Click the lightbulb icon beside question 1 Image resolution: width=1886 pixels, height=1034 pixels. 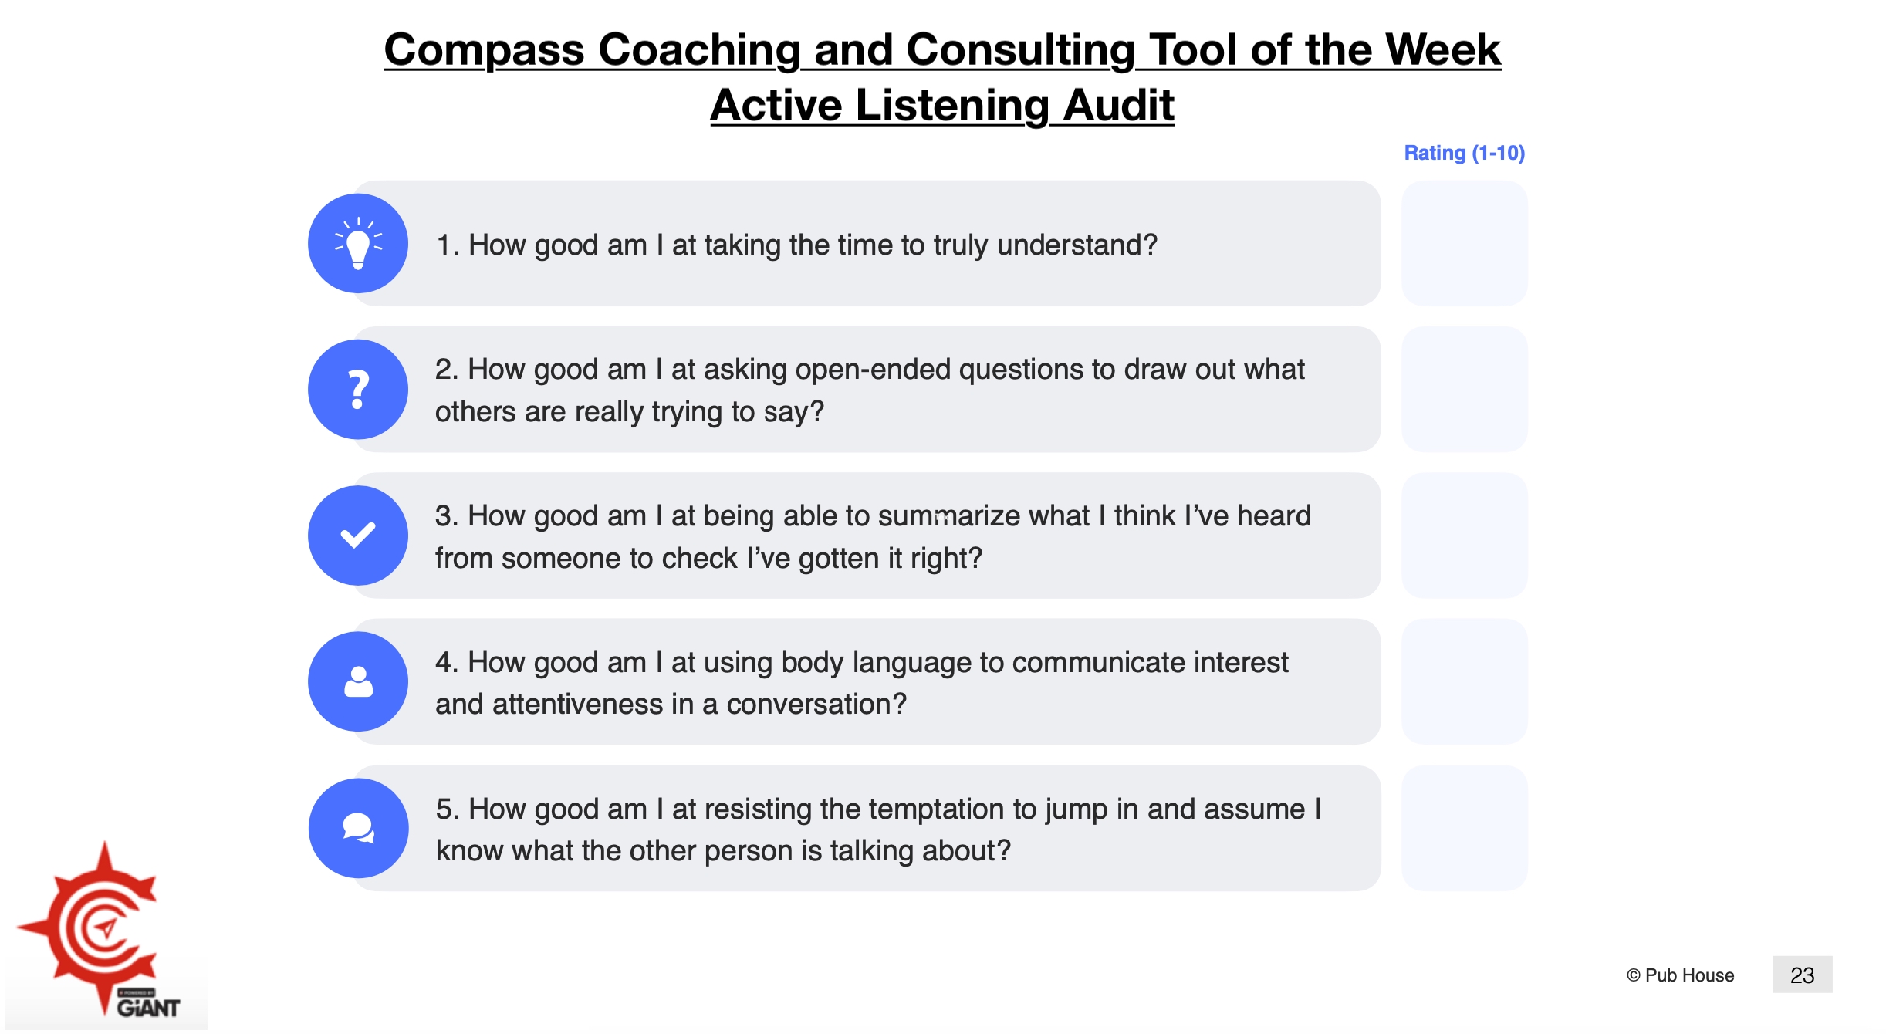pyautogui.click(x=358, y=243)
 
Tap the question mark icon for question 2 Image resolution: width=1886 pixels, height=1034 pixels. pyautogui.click(x=358, y=390)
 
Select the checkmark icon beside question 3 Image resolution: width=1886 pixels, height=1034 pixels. pyautogui.click(x=358, y=536)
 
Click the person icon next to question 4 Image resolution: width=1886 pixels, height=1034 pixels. pyautogui.click(x=358, y=681)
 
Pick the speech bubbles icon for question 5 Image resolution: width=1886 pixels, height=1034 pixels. pyautogui.click(x=358, y=828)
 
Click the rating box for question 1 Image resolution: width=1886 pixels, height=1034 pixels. pyautogui.click(x=1464, y=243)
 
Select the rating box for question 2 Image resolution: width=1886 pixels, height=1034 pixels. pyautogui.click(x=1464, y=390)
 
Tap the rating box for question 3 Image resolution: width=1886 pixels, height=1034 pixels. pyautogui.click(x=1464, y=536)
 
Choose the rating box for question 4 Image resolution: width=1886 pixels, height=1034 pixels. pyautogui.click(x=1464, y=681)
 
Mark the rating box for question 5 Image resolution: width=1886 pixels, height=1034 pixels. pyautogui.click(x=1464, y=828)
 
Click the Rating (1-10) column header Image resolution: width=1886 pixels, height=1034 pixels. pyautogui.click(x=1464, y=153)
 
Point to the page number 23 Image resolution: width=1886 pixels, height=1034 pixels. pyautogui.click(x=1802, y=975)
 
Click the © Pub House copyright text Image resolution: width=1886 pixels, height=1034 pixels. pyautogui.click(x=1680, y=975)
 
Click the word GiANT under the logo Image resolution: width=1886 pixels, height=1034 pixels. pyautogui.click(x=148, y=1008)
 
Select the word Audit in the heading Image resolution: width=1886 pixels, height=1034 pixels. pyautogui.click(x=1118, y=105)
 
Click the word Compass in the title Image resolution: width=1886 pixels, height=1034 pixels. pyautogui.click(x=484, y=50)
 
